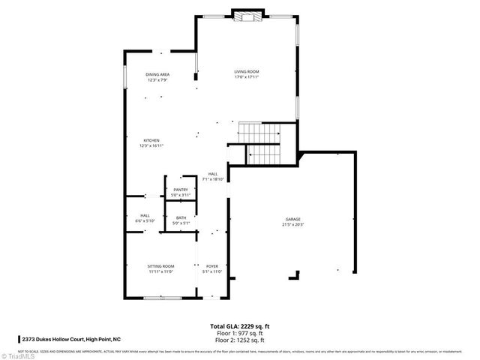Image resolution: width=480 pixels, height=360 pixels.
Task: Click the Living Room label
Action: point(247,71)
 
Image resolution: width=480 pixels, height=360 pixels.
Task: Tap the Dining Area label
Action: point(157,74)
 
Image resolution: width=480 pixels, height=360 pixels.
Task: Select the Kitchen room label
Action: point(151,140)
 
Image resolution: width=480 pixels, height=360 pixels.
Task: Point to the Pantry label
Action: point(181,190)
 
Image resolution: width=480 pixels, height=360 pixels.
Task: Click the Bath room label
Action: point(181,218)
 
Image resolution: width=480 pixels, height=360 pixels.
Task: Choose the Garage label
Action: point(292,218)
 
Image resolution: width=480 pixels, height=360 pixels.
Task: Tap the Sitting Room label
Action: point(160,266)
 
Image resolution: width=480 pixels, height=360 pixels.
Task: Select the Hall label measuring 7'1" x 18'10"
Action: point(213,174)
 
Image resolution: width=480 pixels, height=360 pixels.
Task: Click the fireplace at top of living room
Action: point(247,15)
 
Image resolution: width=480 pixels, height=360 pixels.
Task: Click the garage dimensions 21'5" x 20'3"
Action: point(292,224)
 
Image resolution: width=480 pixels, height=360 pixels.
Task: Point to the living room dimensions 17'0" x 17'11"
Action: point(247,77)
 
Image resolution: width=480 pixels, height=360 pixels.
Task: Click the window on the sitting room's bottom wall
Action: point(162,298)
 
